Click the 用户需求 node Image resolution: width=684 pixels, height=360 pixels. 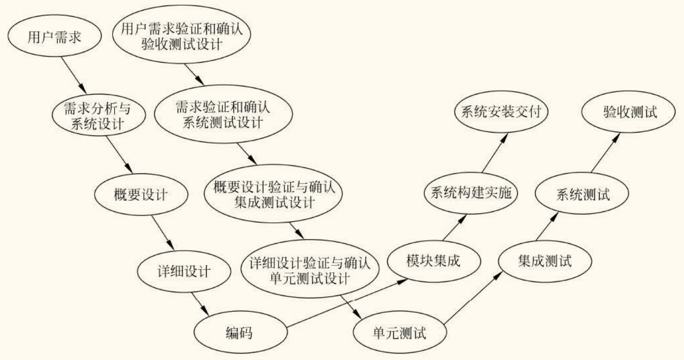pyautogui.click(x=55, y=37)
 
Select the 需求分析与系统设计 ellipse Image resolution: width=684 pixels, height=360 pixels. pyautogui.click(x=98, y=115)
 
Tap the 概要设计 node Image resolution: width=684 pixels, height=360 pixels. pyautogui.click(x=141, y=195)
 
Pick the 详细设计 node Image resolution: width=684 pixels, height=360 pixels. pyautogui.click(x=184, y=271)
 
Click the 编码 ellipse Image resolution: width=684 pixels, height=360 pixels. pyautogui.click(x=240, y=332)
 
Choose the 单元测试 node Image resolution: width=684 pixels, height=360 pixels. pyautogui.click(x=399, y=332)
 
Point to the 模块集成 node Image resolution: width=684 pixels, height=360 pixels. pyautogui.click(x=433, y=260)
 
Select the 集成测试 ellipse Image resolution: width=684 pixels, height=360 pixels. pyautogui.click(x=545, y=260)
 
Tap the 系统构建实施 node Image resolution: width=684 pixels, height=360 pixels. pyautogui.click(x=470, y=193)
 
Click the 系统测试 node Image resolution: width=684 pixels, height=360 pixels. pyautogui.click(x=582, y=194)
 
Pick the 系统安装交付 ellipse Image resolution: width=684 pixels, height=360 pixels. pyautogui.click(x=501, y=112)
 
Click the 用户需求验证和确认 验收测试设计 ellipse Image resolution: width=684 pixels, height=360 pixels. pyautogui.click(x=182, y=36)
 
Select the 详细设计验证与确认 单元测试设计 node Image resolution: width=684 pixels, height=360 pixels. pyautogui.click(x=310, y=270)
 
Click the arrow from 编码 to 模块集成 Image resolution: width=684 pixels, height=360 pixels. pyautogui.click(x=345, y=303)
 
